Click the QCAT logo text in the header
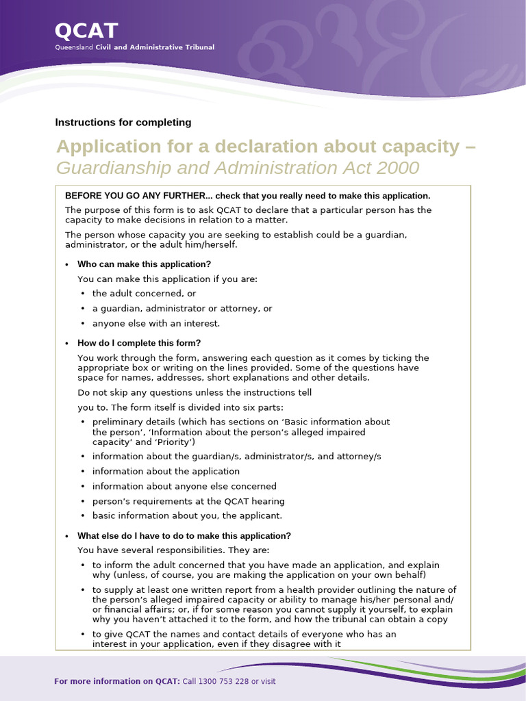coord(86,31)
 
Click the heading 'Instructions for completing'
coord(123,123)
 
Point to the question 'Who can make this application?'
coord(144,264)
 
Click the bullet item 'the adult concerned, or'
coord(144,294)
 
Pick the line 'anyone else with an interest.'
coord(156,324)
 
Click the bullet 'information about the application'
coord(166,472)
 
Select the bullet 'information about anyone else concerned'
coord(184,487)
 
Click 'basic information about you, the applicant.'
coord(187,516)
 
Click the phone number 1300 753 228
coord(226,682)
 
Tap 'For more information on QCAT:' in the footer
coord(117,682)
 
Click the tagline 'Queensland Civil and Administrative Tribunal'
coord(134,47)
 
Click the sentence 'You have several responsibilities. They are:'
coord(173,550)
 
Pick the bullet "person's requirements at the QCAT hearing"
coord(188,502)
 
